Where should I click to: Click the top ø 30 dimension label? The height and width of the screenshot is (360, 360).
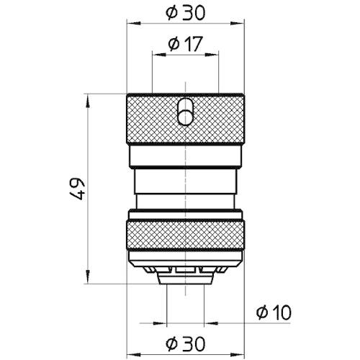[186, 12]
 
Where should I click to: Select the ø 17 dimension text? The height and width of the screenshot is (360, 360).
[186, 44]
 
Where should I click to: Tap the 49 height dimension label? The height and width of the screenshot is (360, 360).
[78, 189]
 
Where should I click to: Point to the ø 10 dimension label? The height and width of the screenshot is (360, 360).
[274, 312]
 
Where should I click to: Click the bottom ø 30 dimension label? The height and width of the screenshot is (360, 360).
[186, 343]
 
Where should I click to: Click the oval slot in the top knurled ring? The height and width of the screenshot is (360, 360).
[186, 112]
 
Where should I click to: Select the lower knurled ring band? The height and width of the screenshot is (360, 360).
[186, 235]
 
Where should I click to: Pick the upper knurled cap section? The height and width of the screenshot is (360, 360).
[186, 119]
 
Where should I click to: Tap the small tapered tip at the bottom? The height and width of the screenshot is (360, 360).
[186, 279]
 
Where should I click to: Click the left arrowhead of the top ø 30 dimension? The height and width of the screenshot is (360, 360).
[134, 23]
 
